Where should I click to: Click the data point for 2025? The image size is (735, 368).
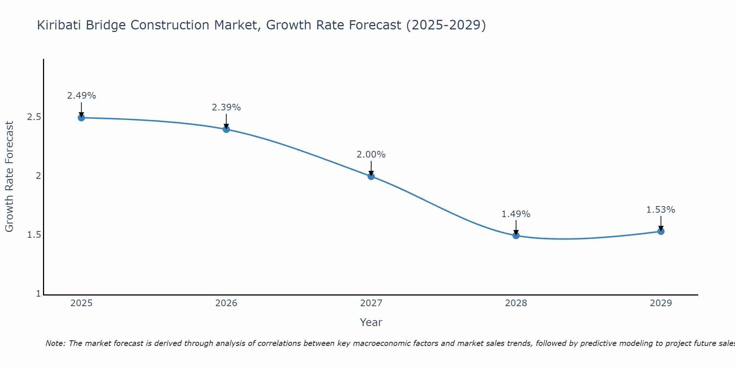(81, 118)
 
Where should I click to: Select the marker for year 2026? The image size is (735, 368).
(226, 129)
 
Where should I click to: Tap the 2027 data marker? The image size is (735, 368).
(371, 176)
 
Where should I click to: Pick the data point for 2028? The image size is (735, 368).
(516, 236)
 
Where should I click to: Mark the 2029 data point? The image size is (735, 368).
(660, 231)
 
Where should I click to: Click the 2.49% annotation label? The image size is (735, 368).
(81, 96)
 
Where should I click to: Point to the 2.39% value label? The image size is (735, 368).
(226, 107)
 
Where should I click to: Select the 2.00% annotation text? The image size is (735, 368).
(371, 155)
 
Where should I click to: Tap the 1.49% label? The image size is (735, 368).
(516, 214)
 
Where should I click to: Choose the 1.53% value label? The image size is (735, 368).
(660, 210)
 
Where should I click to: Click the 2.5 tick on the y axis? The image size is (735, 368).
(34, 117)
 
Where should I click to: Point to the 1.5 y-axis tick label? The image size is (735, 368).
(34, 235)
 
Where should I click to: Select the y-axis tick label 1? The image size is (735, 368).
(38, 294)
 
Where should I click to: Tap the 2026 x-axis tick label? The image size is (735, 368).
(226, 303)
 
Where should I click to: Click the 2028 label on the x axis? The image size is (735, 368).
(516, 303)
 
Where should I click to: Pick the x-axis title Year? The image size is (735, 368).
(371, 322)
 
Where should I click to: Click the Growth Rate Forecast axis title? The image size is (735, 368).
(9, 177)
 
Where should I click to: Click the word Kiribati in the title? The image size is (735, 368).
(59, 25)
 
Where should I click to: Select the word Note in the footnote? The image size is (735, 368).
(55, 343)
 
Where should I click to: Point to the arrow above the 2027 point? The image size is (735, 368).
(371, 168)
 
